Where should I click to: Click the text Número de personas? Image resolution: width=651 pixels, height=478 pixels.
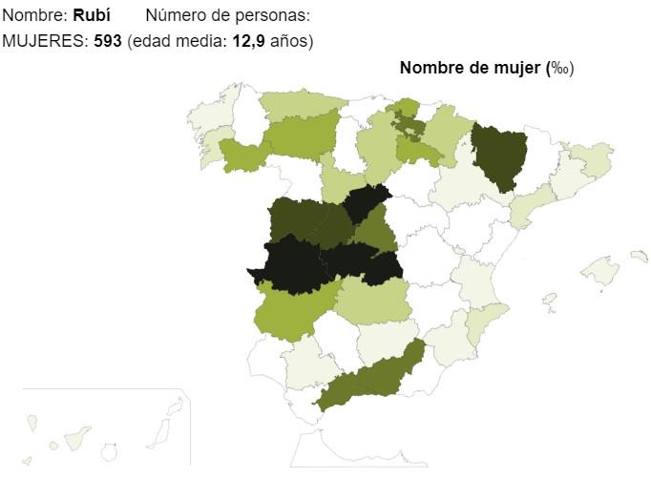[227, 16]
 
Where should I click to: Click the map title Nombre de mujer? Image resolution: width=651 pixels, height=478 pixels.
[470, 68]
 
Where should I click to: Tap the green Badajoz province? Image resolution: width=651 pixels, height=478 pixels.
[291, 310]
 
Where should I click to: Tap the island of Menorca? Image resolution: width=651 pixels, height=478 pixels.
[639, 256]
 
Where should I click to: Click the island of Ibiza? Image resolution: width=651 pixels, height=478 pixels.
[549, 299]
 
